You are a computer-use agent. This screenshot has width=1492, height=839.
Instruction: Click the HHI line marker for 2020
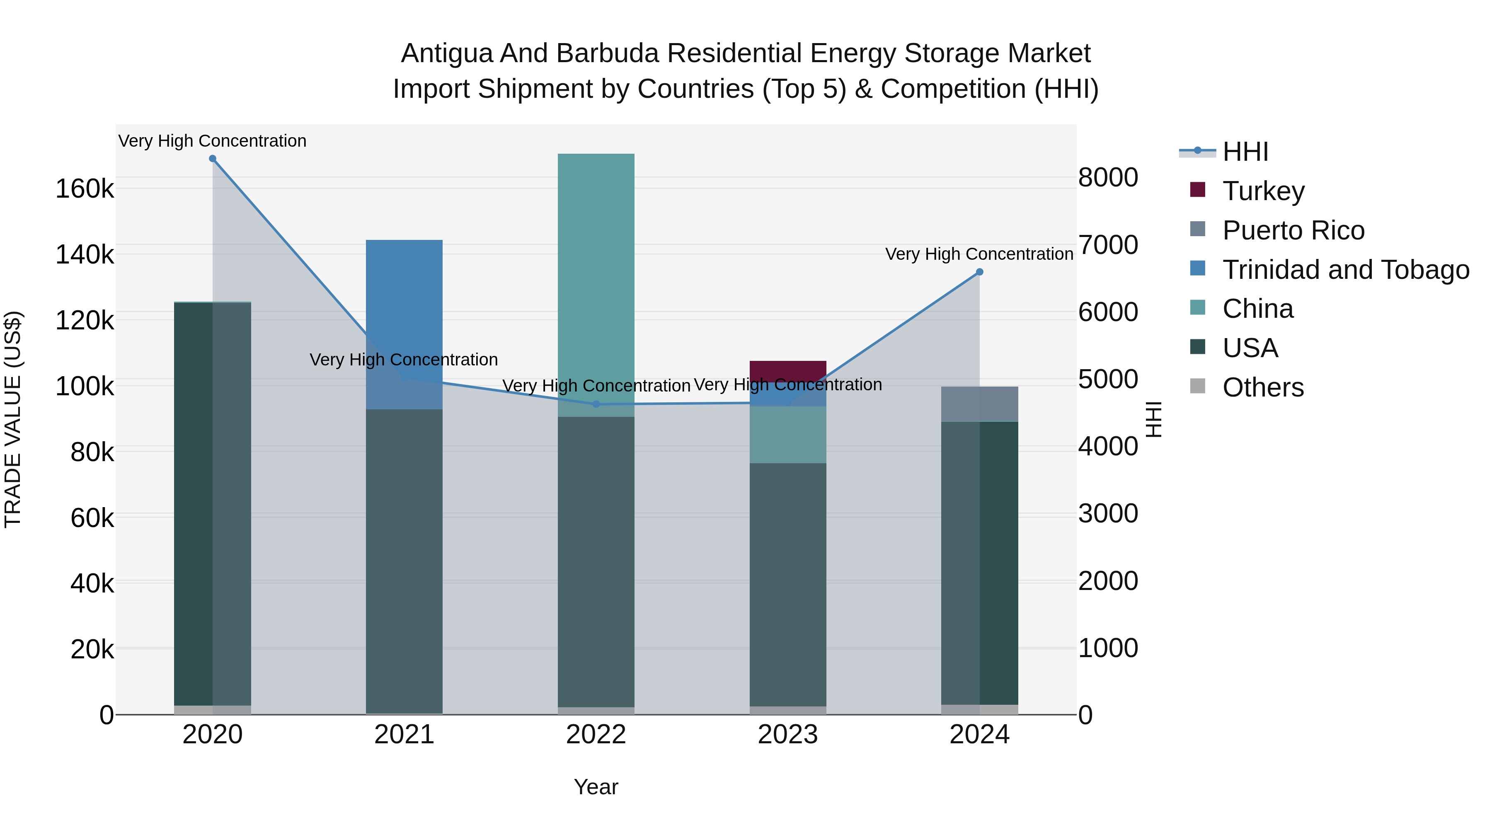pos(213,159)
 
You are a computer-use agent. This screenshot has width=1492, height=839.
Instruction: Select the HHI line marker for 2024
pos(979,272)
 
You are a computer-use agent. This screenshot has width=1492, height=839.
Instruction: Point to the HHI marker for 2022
pos(596,404)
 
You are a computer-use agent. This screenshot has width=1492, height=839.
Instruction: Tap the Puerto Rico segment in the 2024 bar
pos(979,404)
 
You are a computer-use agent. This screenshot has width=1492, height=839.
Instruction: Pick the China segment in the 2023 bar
pos(788,434)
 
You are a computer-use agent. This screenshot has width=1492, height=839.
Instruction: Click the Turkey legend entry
pos(1263,191)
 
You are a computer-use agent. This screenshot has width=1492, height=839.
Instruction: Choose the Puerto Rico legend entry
pos(1293,230)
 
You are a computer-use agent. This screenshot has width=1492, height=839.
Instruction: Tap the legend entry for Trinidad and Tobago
pos(1345,270)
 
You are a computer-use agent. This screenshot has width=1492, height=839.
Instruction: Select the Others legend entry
pos(1263,387)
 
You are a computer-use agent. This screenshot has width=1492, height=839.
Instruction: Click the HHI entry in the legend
pos(1245,152)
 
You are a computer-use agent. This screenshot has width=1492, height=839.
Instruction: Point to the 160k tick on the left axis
pos(85,189)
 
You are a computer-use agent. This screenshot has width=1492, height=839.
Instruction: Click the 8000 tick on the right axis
pos(1108,177)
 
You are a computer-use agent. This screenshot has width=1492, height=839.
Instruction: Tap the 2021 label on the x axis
pos(404,735)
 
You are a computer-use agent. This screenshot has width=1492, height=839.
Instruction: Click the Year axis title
pos(596,787)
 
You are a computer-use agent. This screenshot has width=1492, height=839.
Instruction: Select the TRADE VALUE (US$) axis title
pos(13,419)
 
